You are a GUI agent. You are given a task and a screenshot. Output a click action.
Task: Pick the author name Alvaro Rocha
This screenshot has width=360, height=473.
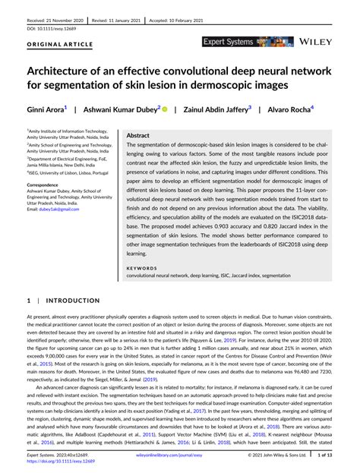click(289, 110)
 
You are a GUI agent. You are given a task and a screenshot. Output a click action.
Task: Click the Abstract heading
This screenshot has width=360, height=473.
click(138, 134)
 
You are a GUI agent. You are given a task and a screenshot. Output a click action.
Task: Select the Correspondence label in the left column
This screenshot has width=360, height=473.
click(48, 184)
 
